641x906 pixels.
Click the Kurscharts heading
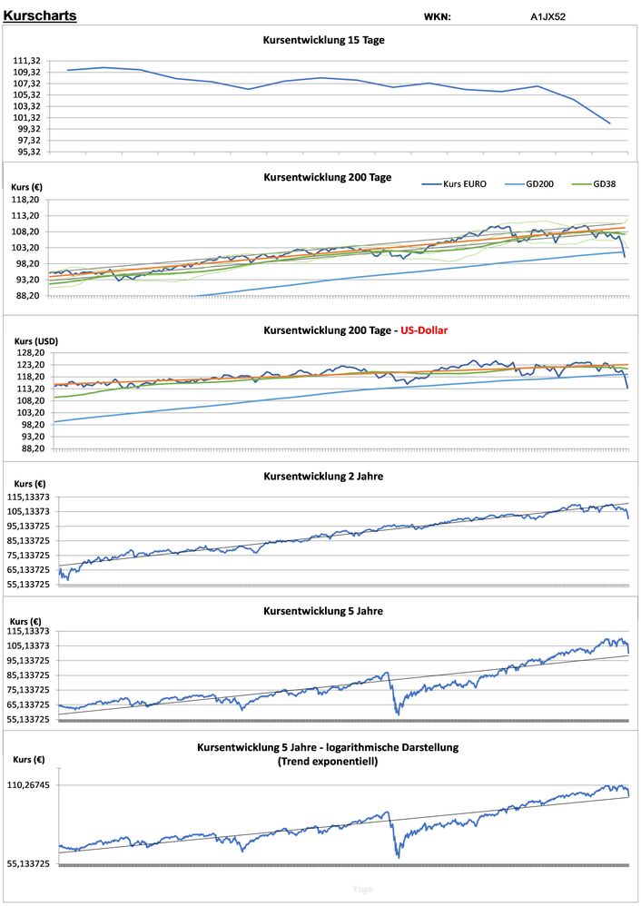click(40, 16)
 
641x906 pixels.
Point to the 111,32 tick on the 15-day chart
click(25, 61)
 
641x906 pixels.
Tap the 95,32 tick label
click(27, 152)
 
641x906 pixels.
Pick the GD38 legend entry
click(606, 183)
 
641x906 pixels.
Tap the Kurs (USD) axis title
click(35, 341)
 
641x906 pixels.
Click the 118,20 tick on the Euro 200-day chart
click(25, 200)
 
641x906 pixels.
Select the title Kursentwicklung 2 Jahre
click(323, 476)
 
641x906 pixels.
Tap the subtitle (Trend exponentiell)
click(328, 762)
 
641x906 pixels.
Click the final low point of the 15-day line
click(609, 123)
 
